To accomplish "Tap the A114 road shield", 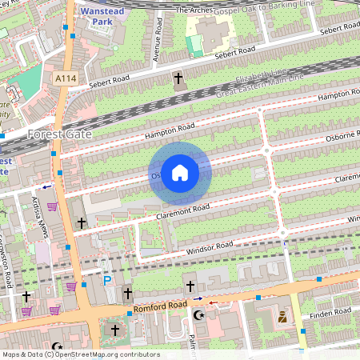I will point(67,78).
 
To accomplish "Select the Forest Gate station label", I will point(59,134).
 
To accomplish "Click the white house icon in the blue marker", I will point(180,172).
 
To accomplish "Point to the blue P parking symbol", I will point(107,280).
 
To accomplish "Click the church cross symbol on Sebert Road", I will point(178,78).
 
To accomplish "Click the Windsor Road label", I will point(209,249).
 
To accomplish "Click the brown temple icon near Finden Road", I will point(282,318).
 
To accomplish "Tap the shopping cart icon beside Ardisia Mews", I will point(53,206).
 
